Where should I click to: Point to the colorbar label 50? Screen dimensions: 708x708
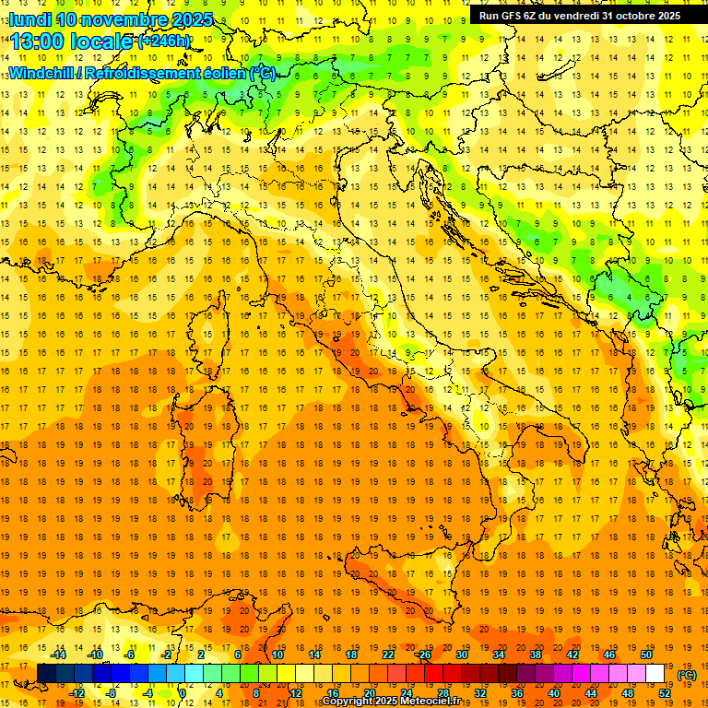646,655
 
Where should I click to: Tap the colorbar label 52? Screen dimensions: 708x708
665,692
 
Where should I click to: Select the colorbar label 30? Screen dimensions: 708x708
462,655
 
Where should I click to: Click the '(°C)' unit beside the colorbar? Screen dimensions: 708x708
687,674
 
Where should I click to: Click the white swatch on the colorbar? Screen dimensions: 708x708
655,673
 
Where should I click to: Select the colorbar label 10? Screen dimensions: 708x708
277,655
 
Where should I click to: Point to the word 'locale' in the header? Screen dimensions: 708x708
104,41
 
